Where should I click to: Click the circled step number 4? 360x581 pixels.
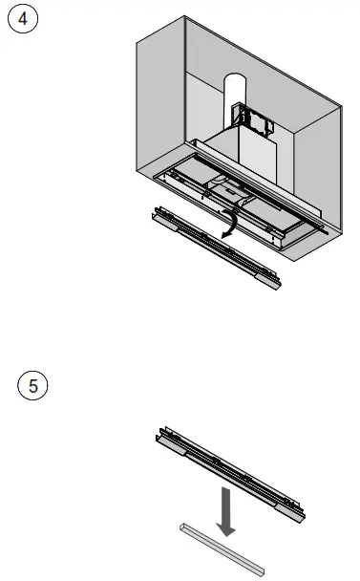[x=21, y=21]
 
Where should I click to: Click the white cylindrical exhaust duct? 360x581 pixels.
[x=235, y=96]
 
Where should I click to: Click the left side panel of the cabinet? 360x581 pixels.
[x=162, y=105]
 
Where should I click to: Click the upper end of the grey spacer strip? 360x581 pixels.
[x=186, y=527]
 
